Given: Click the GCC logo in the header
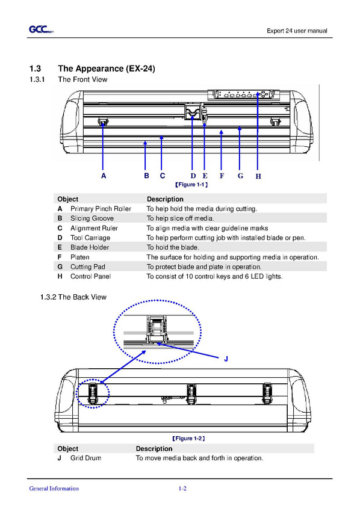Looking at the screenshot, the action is [41, 29].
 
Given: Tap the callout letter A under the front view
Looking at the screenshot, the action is [104, 176].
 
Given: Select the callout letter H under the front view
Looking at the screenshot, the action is [258, 176].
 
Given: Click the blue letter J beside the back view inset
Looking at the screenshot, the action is [226, 359].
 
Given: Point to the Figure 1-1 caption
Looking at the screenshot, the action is [191, 185].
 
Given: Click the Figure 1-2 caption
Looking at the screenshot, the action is [188, 438].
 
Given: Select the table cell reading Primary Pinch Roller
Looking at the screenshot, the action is [101, 209].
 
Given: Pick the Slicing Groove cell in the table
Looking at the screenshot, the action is [92, 218].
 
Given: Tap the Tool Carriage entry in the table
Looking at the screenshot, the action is [90, 238].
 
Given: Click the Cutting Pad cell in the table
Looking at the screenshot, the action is [88, 267].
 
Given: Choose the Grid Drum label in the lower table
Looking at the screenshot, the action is [85, 458].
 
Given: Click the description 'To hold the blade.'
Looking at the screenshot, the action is [173, 247].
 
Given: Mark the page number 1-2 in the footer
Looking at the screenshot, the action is [182, 488].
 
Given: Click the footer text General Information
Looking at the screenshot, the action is [54, 488].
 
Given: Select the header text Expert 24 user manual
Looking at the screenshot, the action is [297, 31].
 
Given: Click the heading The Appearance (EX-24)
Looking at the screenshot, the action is [107, 69].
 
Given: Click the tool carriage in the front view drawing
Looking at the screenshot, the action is [193, 111].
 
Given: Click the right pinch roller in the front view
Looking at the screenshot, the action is [275, 122].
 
